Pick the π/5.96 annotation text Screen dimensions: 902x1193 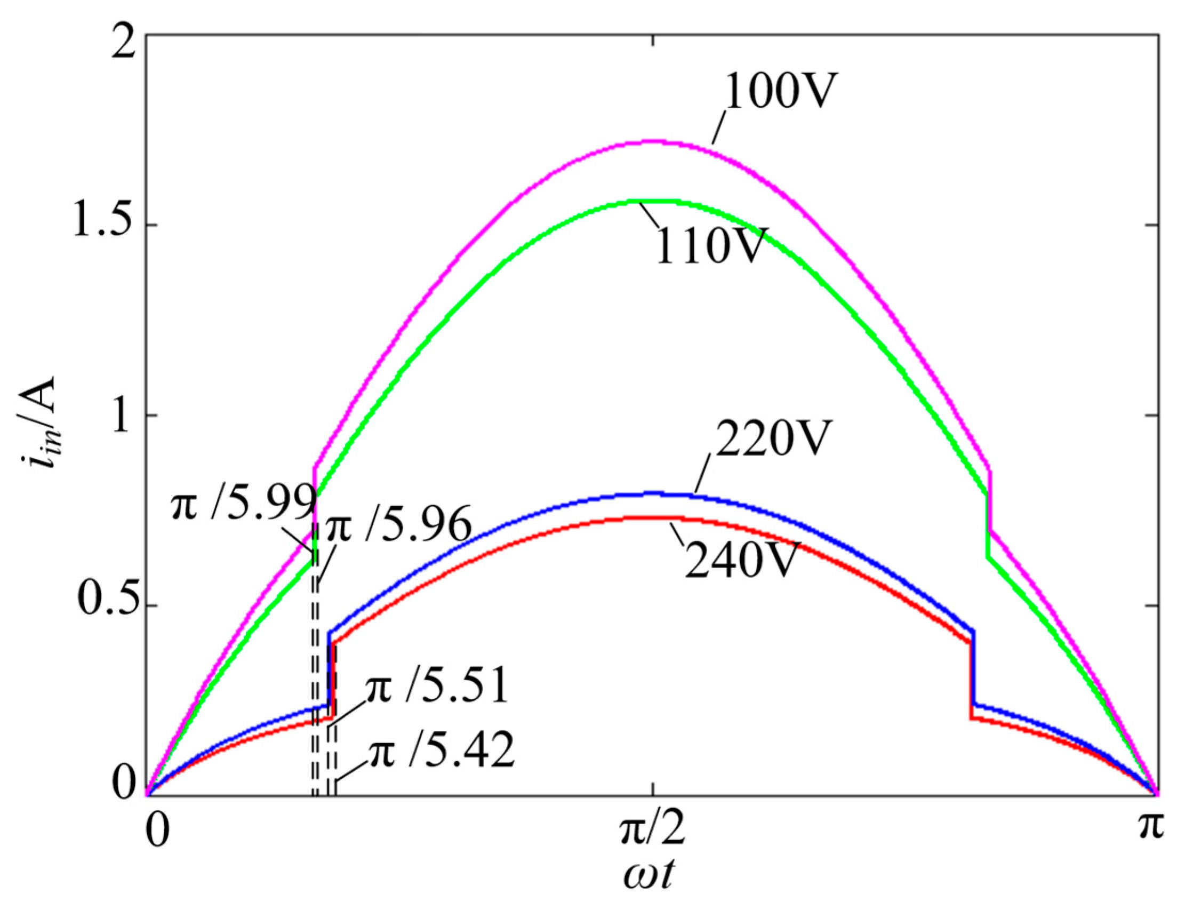click(399, 525)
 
